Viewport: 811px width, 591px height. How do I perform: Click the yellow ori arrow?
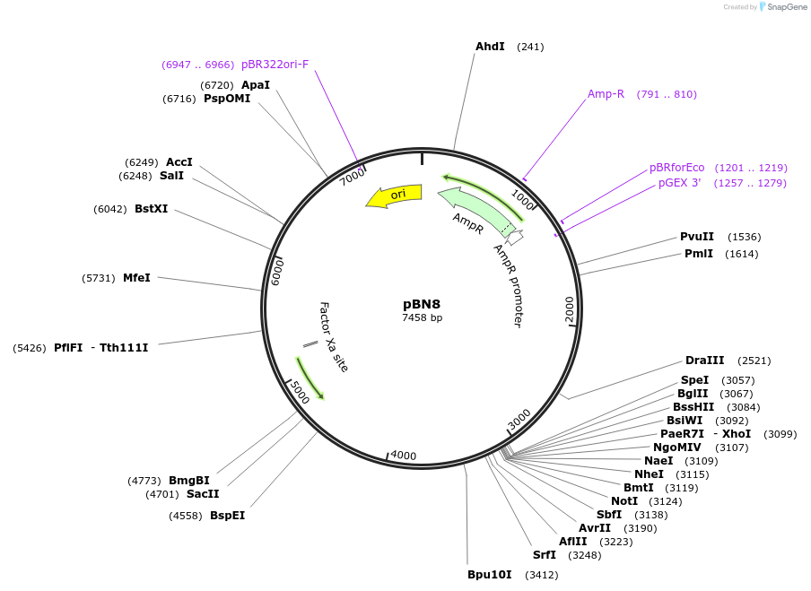coord(394,196)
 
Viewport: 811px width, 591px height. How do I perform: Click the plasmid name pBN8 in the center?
coord(422,304)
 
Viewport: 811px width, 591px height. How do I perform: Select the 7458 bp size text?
coord(422,317)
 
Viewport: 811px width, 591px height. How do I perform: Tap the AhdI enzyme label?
coord(490,47)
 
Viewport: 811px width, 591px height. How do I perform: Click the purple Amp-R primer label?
coord(606,94)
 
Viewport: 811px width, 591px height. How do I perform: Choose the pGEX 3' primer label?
coord(679,183)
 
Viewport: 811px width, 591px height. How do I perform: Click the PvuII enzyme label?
coord(696,237)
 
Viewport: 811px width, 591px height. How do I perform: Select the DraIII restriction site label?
coord(704,361)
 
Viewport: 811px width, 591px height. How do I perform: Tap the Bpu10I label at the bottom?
coord(489,575)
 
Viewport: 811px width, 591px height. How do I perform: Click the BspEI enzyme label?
coord(227,516)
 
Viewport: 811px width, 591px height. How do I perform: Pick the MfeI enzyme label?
coord(136,278)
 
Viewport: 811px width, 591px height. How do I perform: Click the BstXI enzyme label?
coord(151,209)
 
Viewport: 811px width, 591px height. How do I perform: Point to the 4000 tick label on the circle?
coord(403,456)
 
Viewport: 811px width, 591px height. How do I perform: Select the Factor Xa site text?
coord(333,336)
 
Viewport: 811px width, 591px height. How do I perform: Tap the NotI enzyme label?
coord(624,501)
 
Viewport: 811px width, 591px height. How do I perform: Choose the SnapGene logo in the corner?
coord(782,7)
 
